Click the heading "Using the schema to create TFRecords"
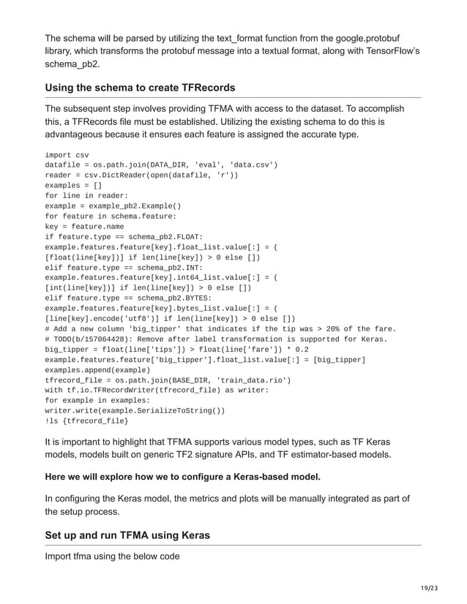(140, 88)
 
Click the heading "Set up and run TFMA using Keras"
(127, 535)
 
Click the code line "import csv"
(67, 155)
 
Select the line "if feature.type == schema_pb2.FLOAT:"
(119, 237)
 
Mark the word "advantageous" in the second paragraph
(80, 135)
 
